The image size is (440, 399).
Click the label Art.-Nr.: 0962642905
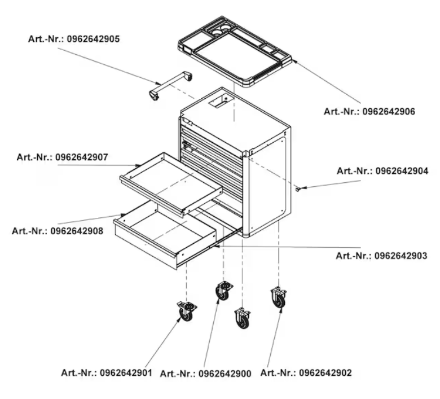[x=74, y=39]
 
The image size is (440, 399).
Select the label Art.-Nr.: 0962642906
[x=369, y=112]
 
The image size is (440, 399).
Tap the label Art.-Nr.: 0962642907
[x=62, y=157]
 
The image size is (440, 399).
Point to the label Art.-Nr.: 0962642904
[x=382, y=171]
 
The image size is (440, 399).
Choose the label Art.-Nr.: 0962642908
[x=58, y=231]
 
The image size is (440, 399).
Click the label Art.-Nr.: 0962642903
[x=382, y=256]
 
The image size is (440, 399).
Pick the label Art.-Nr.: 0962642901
[x=107, y=373]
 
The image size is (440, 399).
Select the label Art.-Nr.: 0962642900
[x=206, y=374]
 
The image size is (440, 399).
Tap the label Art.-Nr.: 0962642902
[x=306, y=373]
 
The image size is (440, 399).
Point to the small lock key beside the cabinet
[x=298, y=190]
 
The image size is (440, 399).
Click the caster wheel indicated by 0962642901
[x=186, y=312]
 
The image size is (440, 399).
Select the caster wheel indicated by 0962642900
[x=224, y=291]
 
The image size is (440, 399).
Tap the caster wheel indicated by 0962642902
[x=279, y=297]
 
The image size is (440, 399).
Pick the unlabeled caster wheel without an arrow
[x=243, y=318]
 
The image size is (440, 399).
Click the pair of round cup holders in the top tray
[x=221, y=30]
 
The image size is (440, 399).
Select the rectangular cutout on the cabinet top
[x=221, y=100]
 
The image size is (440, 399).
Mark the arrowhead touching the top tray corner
[x=294, y=61]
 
